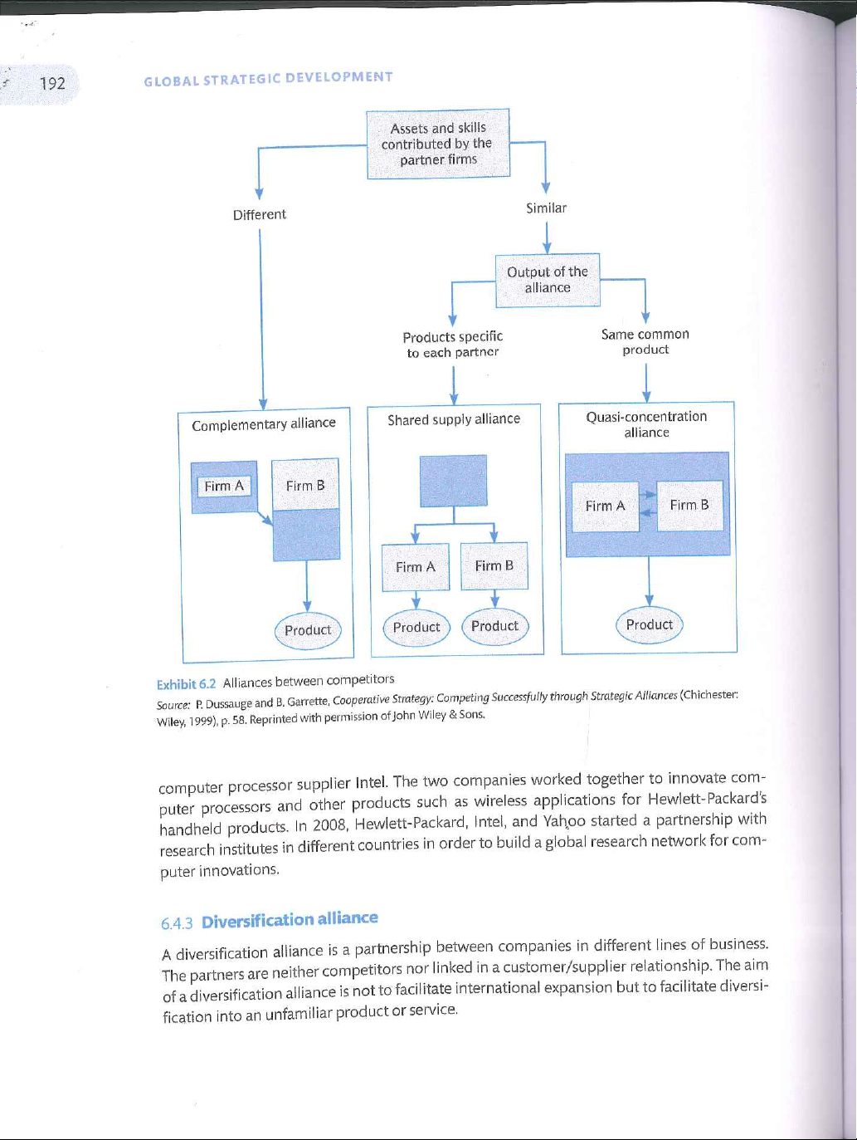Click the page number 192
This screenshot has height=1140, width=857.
coord(52,83)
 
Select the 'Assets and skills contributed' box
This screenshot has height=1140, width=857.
coord(438,144)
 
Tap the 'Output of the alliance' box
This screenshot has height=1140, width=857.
coord(548,280)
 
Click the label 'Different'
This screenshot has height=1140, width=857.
coord(260,214)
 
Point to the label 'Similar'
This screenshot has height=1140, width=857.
coord(546,208)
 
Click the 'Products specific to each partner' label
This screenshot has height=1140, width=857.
coord(453,345)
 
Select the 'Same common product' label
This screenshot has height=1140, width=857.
coord(645,341)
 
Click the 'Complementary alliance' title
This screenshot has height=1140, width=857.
coord(264,424)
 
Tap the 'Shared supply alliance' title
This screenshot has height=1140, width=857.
coord(454,419)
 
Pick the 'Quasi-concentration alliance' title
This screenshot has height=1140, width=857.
coord(646,424)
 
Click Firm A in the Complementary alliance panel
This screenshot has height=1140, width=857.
coord(224,487)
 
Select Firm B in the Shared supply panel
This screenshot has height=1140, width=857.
coord(494,566)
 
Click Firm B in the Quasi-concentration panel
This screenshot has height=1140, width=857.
coord(689,505)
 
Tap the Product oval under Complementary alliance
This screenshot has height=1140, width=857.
coord(308,630)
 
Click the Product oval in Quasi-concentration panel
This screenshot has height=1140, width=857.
coord(650,624)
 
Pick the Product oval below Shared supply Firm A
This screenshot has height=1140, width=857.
coord(416,628)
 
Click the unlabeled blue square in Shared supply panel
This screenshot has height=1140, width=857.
coord(453,480)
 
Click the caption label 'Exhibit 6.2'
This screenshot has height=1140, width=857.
coord(186,684)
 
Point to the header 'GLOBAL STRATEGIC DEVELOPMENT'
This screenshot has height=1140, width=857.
coord(268,79)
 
